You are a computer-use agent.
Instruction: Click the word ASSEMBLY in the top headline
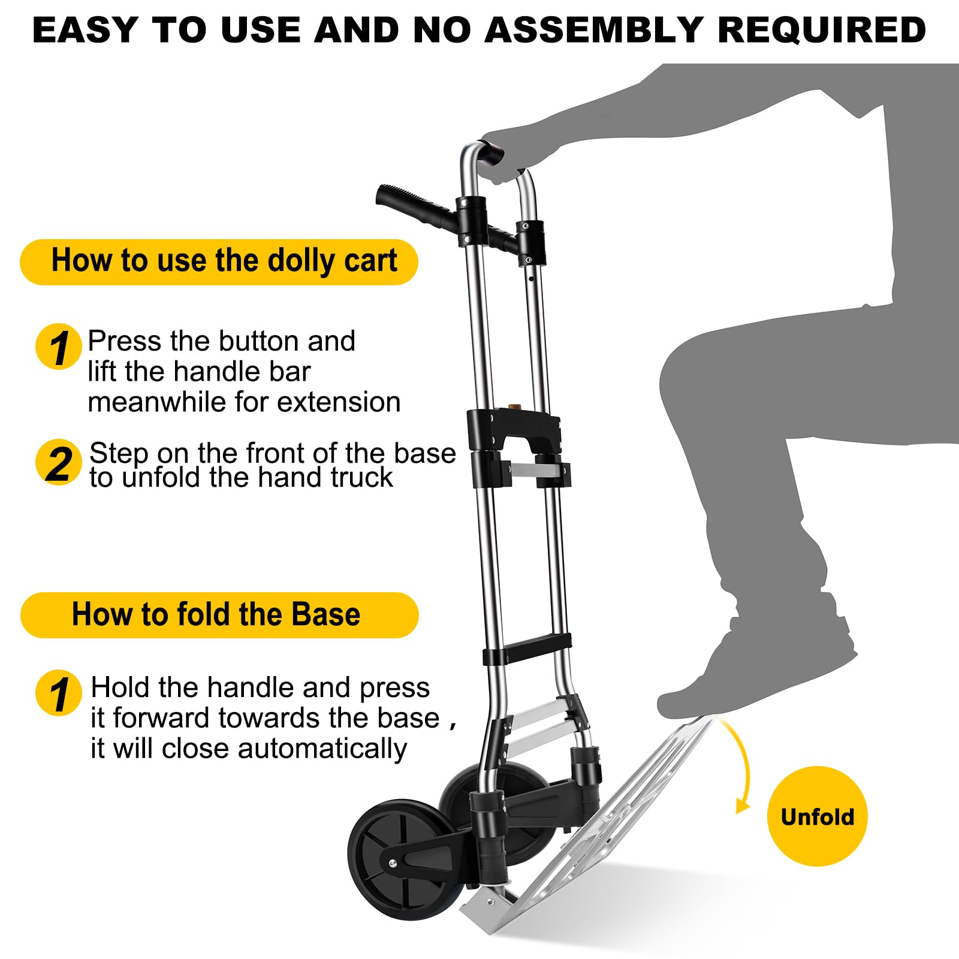pos(594,30)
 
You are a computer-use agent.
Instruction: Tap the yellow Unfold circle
pos(817,816)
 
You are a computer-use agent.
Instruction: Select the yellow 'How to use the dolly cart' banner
pos(219,262)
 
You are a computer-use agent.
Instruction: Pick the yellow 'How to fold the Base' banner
pos(219,615)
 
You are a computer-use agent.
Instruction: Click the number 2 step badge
pos(58,463)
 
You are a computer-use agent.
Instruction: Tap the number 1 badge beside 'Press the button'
pos(58,347)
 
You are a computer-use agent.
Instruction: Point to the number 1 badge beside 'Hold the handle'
pos(58,693)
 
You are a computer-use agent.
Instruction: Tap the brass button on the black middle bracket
pos(514,408)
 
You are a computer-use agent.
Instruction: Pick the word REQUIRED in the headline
pos(822,30)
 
